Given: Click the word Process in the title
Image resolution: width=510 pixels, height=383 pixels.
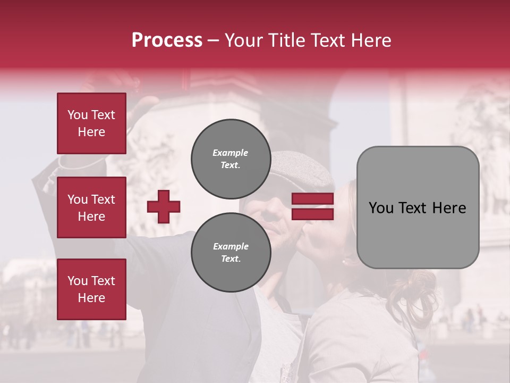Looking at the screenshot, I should click(167, 40).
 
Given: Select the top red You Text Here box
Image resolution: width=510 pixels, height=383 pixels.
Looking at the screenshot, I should click(91, 123).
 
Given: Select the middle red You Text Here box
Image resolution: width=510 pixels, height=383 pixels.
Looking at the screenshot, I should click(91, 207).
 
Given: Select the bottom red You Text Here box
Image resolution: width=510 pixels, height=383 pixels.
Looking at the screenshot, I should click(91, 289).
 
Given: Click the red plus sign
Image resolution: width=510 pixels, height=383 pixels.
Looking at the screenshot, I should click(164, 206).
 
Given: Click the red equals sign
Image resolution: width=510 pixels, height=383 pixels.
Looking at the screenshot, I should click(313, 206).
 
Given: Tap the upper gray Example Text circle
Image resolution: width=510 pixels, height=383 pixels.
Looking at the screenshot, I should click(231, 159).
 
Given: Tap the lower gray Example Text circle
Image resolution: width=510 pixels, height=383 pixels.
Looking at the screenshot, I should click(231, 252).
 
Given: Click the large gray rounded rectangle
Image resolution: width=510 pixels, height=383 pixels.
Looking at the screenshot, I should click(418, 207).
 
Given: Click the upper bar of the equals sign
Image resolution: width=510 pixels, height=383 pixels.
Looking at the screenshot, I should click(313, 199).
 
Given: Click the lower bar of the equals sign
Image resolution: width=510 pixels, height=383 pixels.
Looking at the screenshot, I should click(313, 214).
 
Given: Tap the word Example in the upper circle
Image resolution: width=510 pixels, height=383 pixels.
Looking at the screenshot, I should click(231, 153).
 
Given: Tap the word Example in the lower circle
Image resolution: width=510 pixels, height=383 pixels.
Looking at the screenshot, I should click(231, 246).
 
